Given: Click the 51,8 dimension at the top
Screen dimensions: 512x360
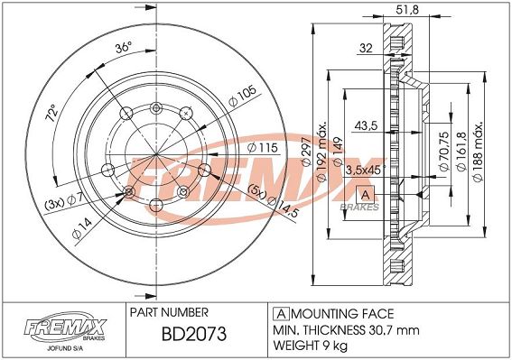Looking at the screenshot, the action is [407, 10].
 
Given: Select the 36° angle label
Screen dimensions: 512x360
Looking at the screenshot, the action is [123, 48].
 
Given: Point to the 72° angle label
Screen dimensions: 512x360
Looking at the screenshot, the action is [52, 114].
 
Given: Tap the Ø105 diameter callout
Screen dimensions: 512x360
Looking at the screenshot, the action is [243, 96].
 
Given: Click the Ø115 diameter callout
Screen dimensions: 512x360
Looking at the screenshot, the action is [262, 148].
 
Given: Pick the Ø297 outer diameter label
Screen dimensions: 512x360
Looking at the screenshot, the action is [306, 152].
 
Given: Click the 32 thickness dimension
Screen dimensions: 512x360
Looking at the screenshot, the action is [366, 48].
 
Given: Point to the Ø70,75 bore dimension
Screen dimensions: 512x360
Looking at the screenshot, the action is [443, 151].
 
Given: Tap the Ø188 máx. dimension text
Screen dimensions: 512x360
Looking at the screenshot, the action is [478, 152].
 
